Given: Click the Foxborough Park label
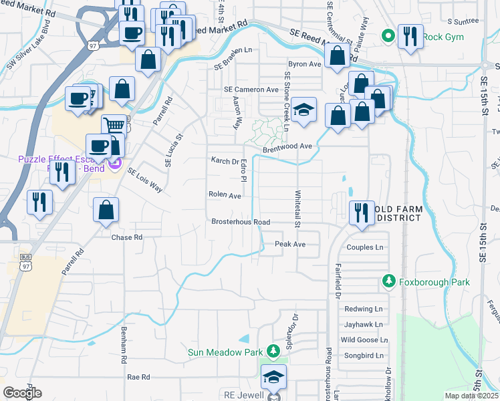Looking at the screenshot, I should tap(434, 282).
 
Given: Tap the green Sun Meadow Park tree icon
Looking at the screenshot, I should tap(272, 351).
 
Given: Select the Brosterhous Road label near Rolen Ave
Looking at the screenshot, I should tap(241, 222).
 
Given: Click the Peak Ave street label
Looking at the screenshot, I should tap(290, 245).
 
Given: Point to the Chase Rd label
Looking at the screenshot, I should tap(127, 237).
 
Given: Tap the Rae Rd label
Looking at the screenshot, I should tap(138, 377).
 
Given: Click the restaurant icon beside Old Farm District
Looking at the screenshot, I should tap(362, 212).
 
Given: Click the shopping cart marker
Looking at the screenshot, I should tap(114, 125).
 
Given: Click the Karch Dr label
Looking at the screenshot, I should tap(225, 161).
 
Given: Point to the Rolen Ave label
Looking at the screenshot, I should tap(225, 196).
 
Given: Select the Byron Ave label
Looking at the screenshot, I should tap(305, 64).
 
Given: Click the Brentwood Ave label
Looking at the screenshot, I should tap(287, 146).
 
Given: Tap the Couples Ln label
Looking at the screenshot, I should tap(364, 247).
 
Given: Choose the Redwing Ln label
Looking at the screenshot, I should tap(363, 309).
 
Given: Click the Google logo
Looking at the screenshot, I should tap(22, 393).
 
